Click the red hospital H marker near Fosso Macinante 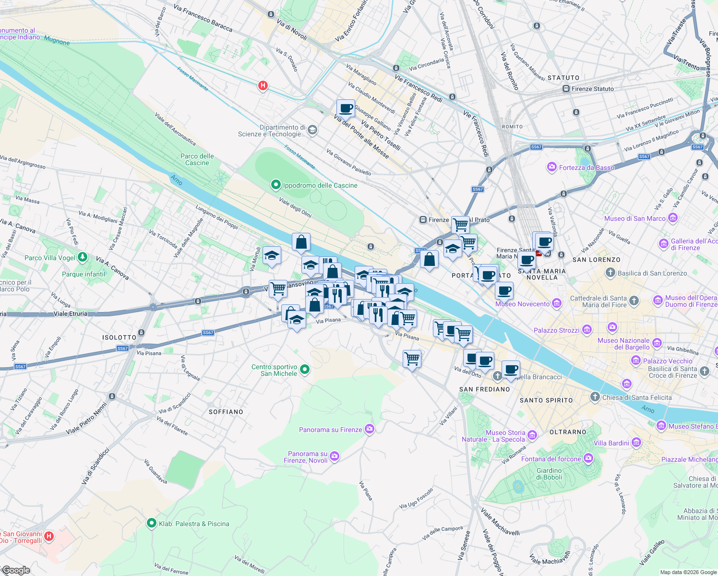[x=263, y=86]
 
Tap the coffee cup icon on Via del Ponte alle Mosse [x=346, y=108]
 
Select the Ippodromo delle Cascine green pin [x=275, y=185]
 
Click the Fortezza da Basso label [x=586, y=168]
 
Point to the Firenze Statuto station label [x=592, y=89]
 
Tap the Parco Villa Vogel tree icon [x=83, y=258]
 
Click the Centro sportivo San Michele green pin [x=305, y=370]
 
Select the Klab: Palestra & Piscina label [x=194, y=524]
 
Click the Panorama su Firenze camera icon [x=369, y=429]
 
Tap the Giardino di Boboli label [x=549, y=474]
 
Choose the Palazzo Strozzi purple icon [x=587, y=330]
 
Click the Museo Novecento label [x=522, y=304]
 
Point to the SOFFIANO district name [x=226, y=412]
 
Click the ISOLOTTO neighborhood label [x=119, y=337]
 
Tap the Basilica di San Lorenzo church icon [x=610, y=273]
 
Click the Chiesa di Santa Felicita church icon [x=595, y=397]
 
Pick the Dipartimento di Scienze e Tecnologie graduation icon [x=312, y=130]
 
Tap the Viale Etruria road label [x=71, y=313]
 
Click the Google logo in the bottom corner [x=16, y=570]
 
